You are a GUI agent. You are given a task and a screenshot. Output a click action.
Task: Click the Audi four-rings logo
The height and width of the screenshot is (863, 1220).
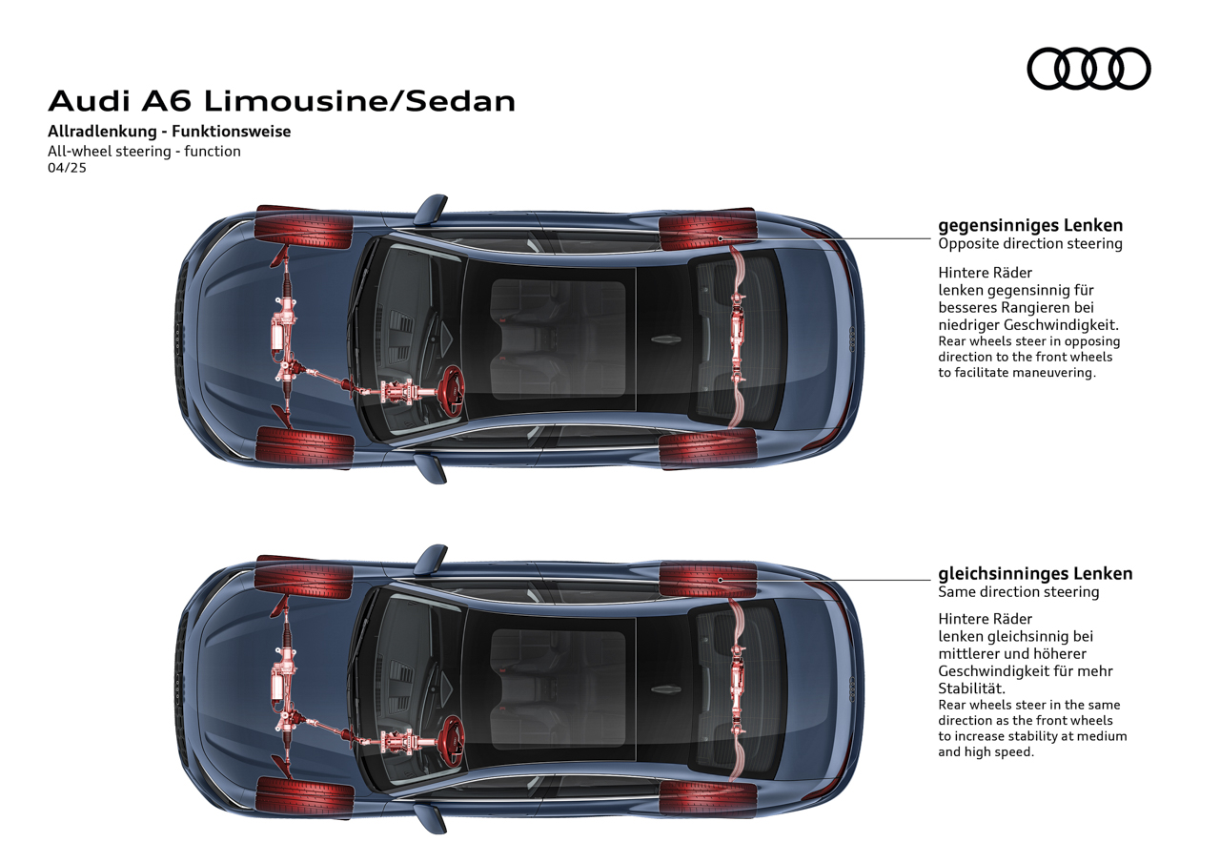point(1088,69)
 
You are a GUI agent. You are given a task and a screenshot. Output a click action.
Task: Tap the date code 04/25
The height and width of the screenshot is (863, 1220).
point(67,168)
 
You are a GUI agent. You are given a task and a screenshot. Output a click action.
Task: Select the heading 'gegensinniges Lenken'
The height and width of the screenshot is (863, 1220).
point(1030,226)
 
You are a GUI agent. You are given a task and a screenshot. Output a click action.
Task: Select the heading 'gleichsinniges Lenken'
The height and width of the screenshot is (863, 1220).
point(1035,574)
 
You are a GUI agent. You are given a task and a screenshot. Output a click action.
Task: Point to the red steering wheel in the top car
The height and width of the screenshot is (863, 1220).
point(453,392)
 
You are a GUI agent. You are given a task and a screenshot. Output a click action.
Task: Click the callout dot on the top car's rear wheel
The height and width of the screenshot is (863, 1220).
point(720,238)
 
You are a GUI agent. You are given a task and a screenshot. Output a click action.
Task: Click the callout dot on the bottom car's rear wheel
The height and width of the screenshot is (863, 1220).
point(720,580)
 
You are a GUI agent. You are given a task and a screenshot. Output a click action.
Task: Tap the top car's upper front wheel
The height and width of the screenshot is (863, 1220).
point(304,227)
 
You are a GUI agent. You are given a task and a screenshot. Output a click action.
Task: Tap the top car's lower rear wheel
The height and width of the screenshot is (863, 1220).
point(708,448)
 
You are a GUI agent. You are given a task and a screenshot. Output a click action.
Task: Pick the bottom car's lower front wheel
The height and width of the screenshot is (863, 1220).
point(305,796)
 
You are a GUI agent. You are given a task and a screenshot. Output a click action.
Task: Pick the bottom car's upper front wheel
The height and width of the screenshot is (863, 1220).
point(304,577)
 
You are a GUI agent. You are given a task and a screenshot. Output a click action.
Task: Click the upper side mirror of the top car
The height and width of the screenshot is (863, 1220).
point(430,209)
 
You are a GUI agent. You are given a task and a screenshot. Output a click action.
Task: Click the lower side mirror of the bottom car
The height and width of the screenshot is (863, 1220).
point(430,818)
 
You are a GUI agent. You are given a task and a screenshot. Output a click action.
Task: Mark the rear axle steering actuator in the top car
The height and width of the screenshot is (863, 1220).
point(738,338)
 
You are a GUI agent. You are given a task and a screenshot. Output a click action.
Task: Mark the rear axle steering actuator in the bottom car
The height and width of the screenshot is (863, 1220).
point(738,688)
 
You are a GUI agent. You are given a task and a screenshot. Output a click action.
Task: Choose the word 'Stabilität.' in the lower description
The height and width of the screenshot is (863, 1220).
point(971,688)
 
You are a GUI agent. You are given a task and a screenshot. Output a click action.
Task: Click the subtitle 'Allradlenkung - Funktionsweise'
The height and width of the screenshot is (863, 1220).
point(170,132)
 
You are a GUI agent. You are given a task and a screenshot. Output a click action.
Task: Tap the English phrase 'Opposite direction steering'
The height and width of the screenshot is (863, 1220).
point(1030,243)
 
